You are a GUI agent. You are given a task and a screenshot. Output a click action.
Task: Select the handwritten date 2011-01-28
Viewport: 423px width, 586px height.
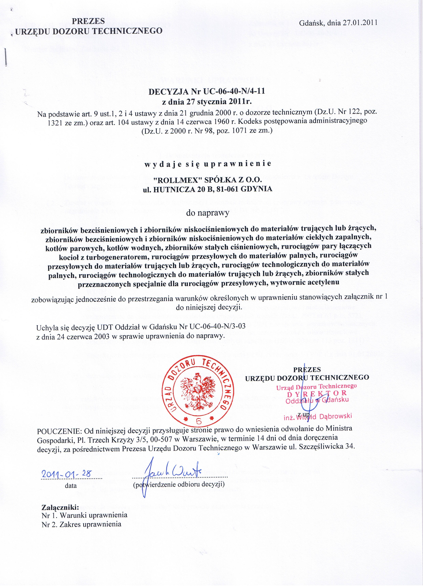(x=67, y=474)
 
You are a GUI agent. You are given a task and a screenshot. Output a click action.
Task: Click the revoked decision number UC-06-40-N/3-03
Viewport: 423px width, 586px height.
(x=217, y=326)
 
